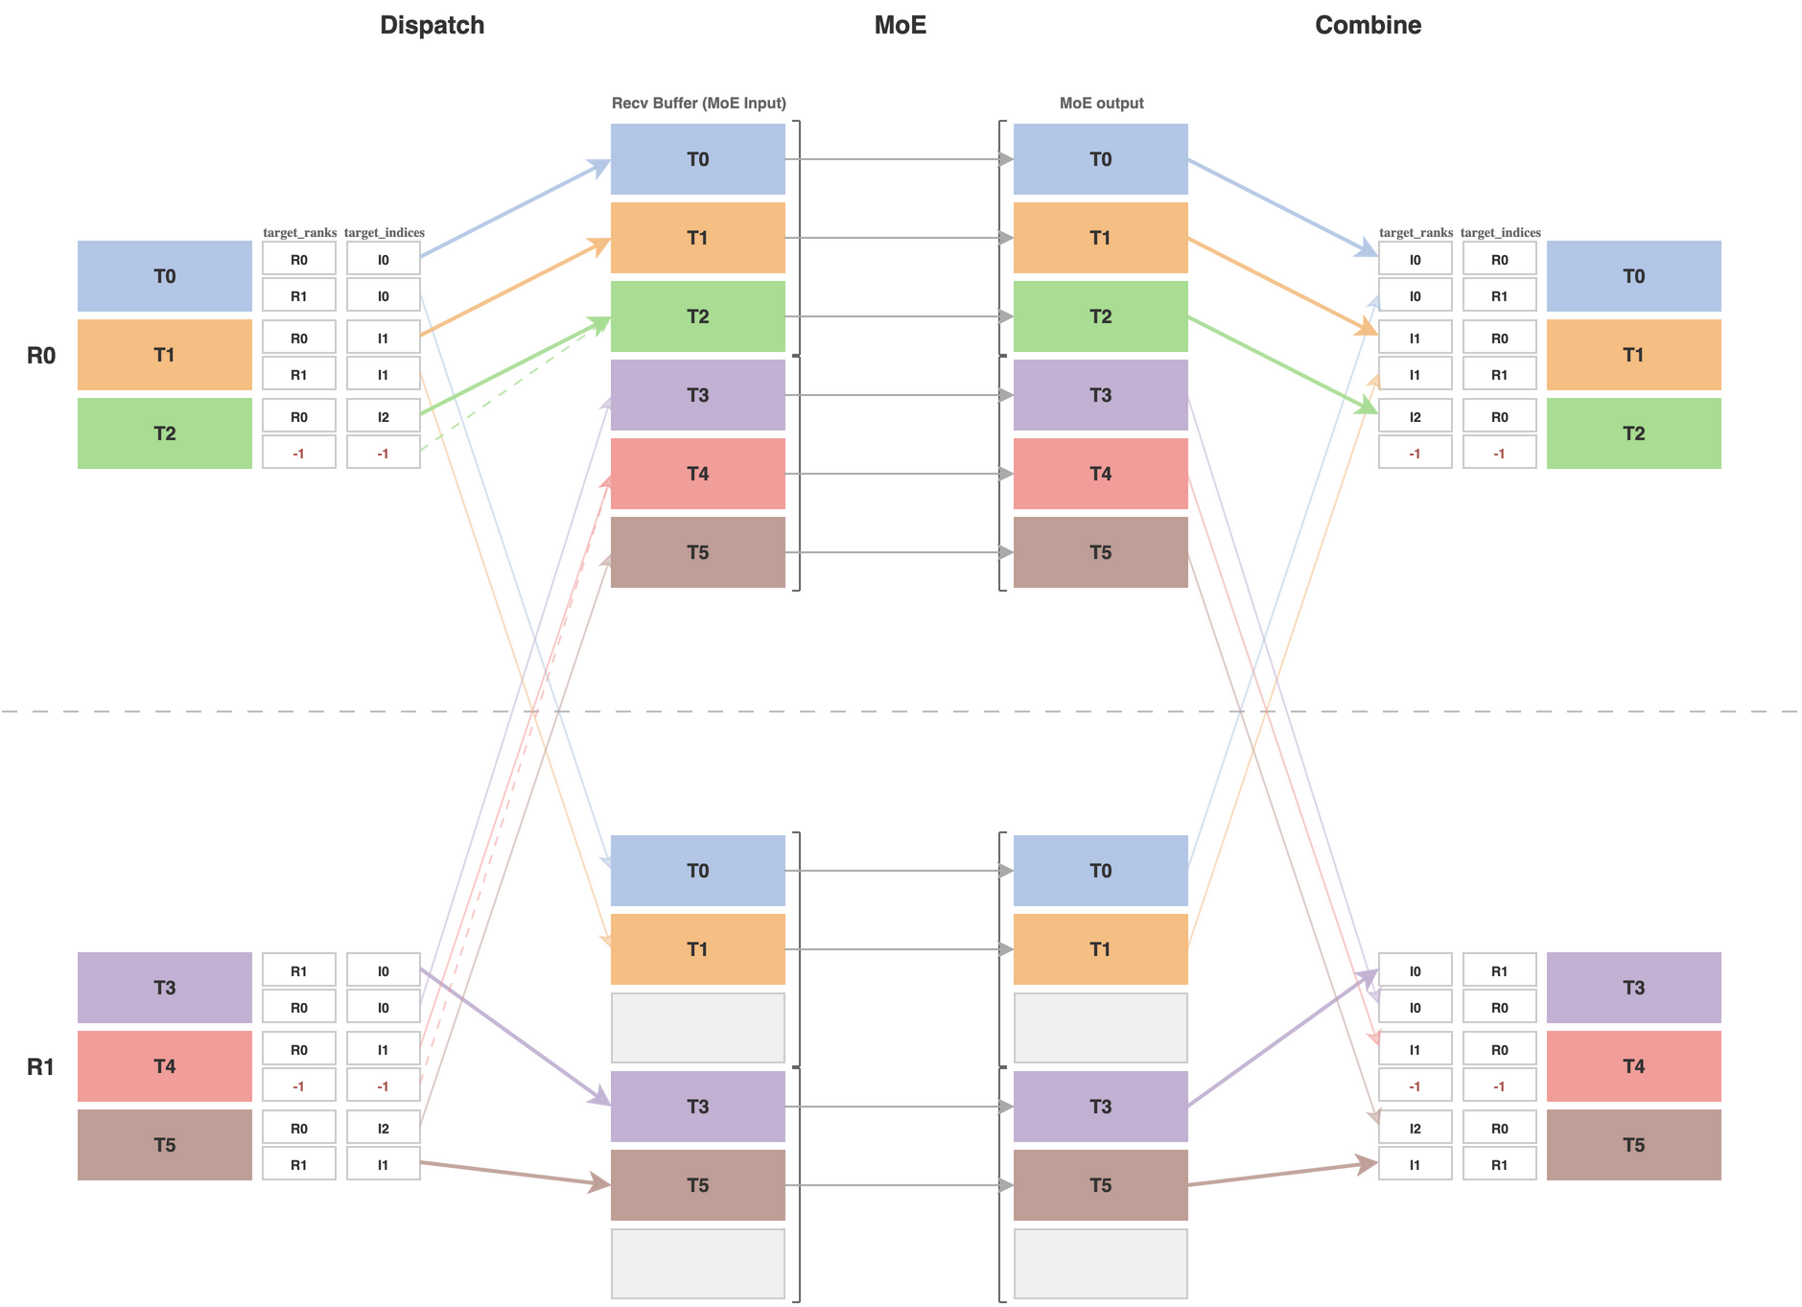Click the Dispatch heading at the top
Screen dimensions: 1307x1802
tap(432, 25)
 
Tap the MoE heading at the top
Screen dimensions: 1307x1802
tap(900, 25)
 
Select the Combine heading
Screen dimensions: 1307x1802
tap(1368, 25)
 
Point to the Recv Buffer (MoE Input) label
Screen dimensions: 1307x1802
tap(698, 103)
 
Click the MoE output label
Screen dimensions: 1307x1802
tap(1101, 103)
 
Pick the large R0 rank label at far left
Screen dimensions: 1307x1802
tap(41, 356)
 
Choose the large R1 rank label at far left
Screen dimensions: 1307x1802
tap(41, 1066)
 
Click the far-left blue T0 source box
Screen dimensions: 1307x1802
tap(164, 276)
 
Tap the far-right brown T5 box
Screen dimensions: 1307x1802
tap(1633, 1145)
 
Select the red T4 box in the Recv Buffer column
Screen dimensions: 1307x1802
tap(697, 474)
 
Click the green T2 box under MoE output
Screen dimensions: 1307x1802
tap(1100, 316)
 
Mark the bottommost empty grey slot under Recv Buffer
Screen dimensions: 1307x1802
tap(697, 1264)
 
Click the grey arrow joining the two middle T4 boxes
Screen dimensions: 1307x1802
tap(899, 474)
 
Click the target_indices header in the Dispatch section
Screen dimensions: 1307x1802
tap(384, 233)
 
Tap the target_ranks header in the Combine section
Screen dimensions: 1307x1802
tap(1416, 233)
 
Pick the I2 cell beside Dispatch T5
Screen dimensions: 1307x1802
tap(383, 1129)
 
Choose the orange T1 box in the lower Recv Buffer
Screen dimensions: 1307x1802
tap(697, 949)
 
